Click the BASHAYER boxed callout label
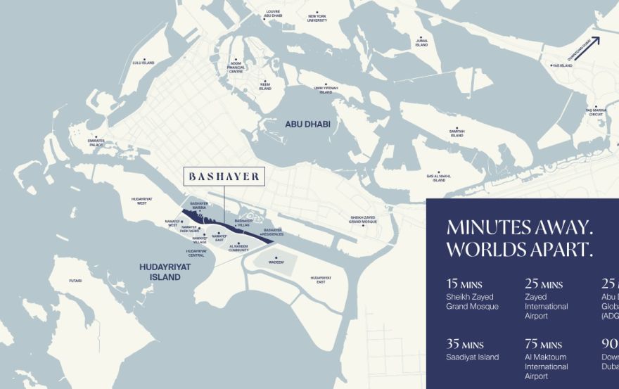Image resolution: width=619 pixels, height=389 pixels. tap(224, 176)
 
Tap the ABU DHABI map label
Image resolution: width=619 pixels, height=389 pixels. tap(307, 124)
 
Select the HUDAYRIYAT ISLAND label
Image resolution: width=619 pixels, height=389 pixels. tap(160, 272)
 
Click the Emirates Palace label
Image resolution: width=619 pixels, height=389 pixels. tap(96, 142)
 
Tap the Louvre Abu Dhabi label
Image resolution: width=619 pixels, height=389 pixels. tap(273, 13)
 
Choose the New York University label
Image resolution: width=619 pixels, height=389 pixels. tap(317, 18)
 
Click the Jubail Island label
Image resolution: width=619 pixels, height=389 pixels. tap(421, 43)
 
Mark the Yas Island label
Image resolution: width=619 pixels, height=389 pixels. tap(561, 65)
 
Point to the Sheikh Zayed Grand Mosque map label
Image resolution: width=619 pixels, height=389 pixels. tap(363, 219)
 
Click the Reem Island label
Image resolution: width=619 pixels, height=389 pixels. tap(264, 87)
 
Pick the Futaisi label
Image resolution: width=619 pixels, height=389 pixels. tap(75, 281)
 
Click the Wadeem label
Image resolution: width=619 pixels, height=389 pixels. tap(276, 262)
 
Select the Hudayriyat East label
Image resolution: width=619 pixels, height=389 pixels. tap(321, 279)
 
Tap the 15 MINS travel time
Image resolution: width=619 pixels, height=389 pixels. tap(464, 284)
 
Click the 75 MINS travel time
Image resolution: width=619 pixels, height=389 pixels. tap(544, 344)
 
